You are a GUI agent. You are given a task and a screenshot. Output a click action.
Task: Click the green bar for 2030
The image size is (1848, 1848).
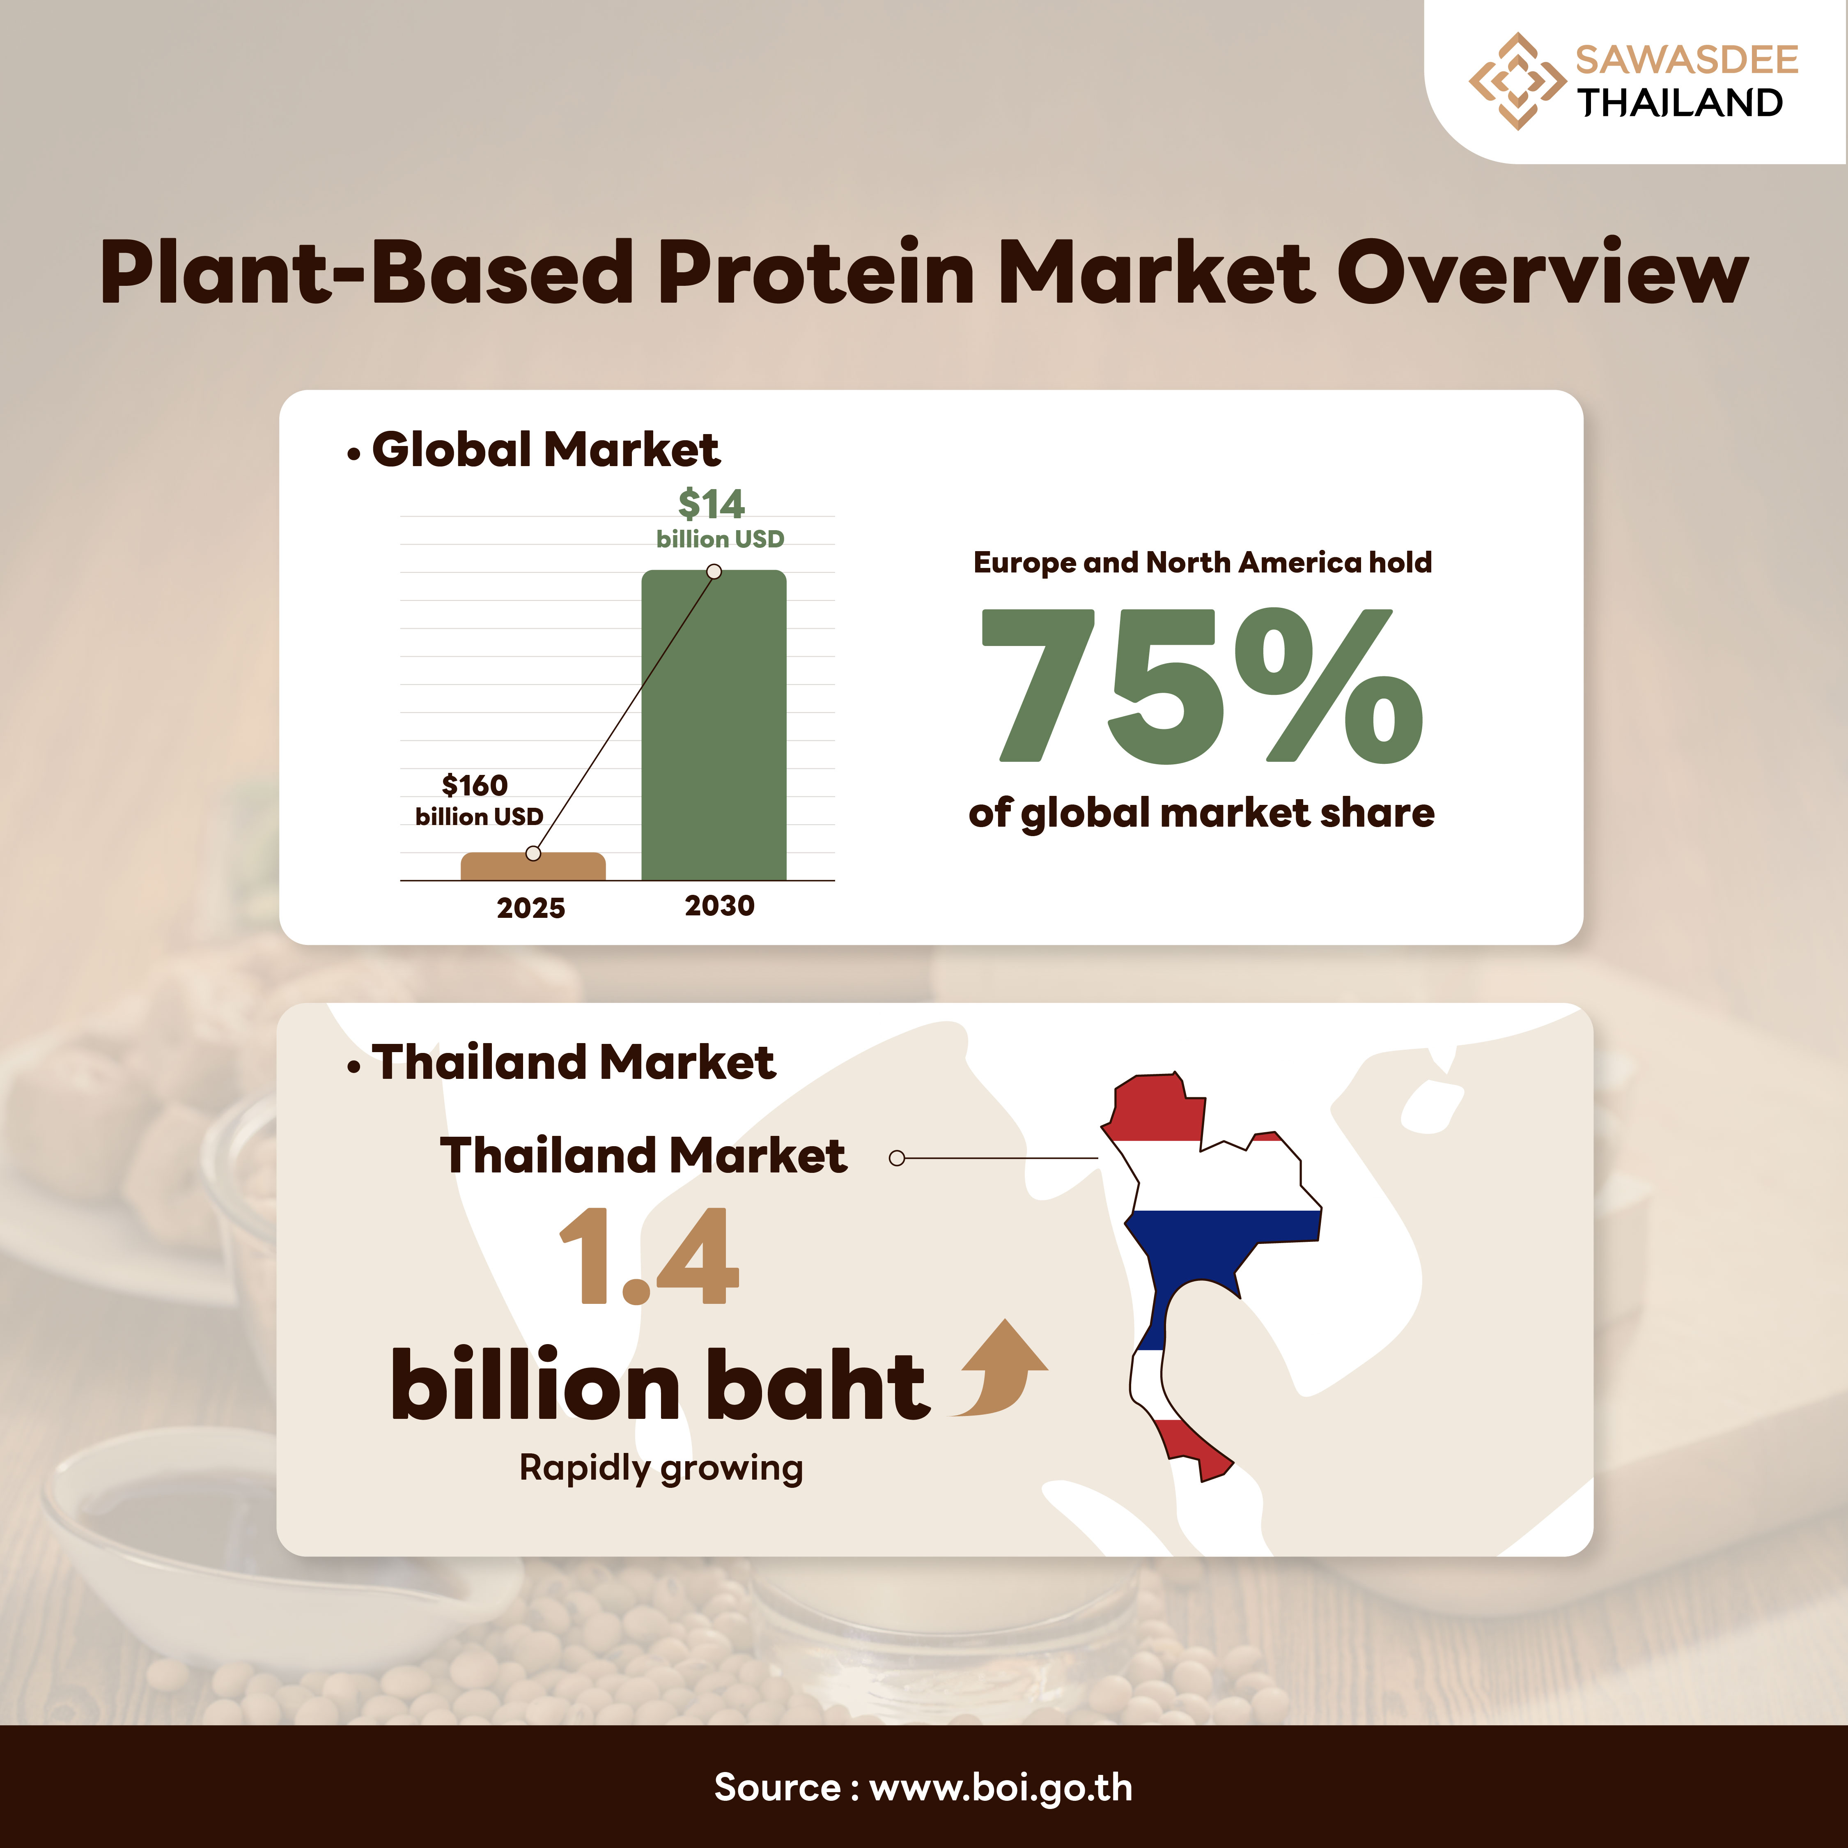[x=714, y=725]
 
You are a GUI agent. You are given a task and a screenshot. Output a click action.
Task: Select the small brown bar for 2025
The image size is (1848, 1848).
[x=533, y=866]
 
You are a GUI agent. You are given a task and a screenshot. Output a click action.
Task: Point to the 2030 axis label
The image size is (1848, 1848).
[x=719, y=905]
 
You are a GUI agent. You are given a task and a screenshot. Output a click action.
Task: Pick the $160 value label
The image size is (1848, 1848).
[x=475, y=785]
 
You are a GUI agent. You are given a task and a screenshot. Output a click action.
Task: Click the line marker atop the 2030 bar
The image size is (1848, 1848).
[x=714, y=571]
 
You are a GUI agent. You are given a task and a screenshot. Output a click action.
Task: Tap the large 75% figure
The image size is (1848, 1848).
[x=1202, y=686]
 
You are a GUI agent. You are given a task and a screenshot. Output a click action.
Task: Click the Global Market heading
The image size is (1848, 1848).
[x=545, y=450]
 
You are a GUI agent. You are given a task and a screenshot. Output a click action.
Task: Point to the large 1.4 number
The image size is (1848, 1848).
[x=649, y=1256]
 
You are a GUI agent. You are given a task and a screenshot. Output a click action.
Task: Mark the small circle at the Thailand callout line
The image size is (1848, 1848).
[x=896, y=1158]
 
